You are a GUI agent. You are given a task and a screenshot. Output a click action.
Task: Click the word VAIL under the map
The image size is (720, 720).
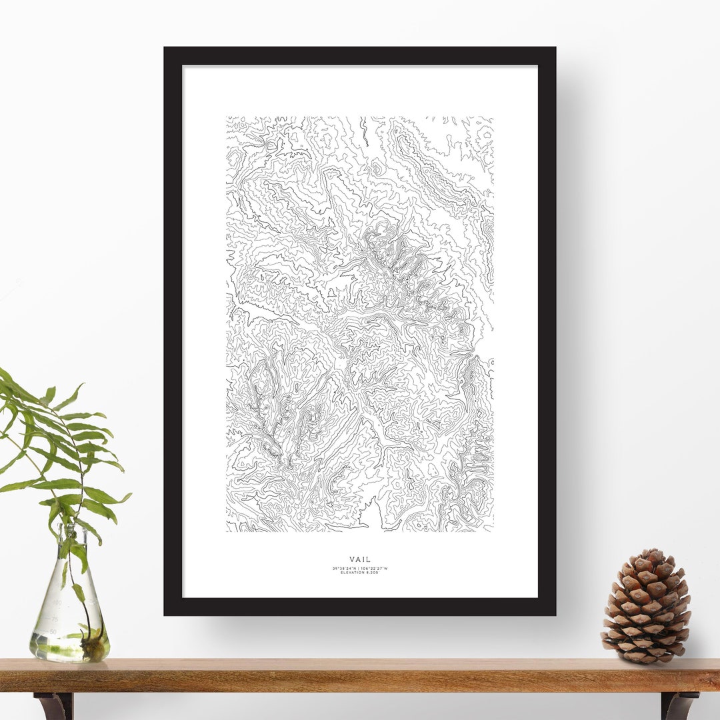coord(360,559)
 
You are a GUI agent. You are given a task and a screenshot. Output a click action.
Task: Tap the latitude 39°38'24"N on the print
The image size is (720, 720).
coord(344,569)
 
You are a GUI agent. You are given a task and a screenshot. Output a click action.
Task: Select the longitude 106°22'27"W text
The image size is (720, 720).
coord(375,569)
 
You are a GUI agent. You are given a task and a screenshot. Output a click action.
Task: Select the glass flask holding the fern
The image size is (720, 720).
coord(69,613)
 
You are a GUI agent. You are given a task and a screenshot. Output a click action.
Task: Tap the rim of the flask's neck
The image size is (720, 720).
coord(71,527)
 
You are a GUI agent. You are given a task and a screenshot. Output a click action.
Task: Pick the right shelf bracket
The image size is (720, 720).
coord(679,705)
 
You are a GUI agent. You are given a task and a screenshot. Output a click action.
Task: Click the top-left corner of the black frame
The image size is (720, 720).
coord(165,49)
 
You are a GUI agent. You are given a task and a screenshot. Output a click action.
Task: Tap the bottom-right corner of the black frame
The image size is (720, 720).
coord(554,613)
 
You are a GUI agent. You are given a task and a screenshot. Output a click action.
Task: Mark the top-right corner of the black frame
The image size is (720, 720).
coord(554,49)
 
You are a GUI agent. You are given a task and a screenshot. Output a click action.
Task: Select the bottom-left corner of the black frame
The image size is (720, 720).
coord(165,613)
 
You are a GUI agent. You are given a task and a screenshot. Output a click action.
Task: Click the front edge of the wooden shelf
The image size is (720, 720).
coord(360,683)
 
